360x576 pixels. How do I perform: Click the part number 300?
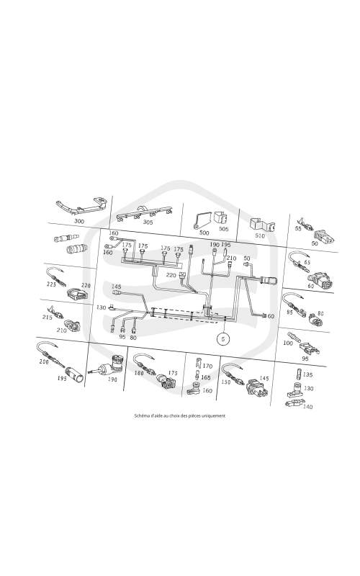tap(79, 221)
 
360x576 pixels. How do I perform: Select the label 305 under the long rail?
tap(148, 222)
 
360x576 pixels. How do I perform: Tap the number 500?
tap(204, 233)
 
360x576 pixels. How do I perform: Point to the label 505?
tap(223, 229)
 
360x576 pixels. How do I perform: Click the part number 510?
tap(260, 235)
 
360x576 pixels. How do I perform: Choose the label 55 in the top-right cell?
tap(298, 228)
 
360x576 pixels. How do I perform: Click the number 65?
tap(307, 262)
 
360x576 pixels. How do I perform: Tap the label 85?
tap(290, 312)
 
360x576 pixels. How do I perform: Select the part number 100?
tap(288, 343)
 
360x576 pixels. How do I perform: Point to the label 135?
tap(308, 374)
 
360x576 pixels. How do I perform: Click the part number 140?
tap(308, 406)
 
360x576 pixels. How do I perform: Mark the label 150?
tap(225, 382)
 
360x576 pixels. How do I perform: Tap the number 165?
tap(206, 377)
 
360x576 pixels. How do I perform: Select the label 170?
tap(207, 366)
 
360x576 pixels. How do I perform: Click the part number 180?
tap(139, 373)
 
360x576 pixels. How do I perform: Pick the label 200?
tap(44, 361)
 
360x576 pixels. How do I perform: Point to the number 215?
tap(48, 317)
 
